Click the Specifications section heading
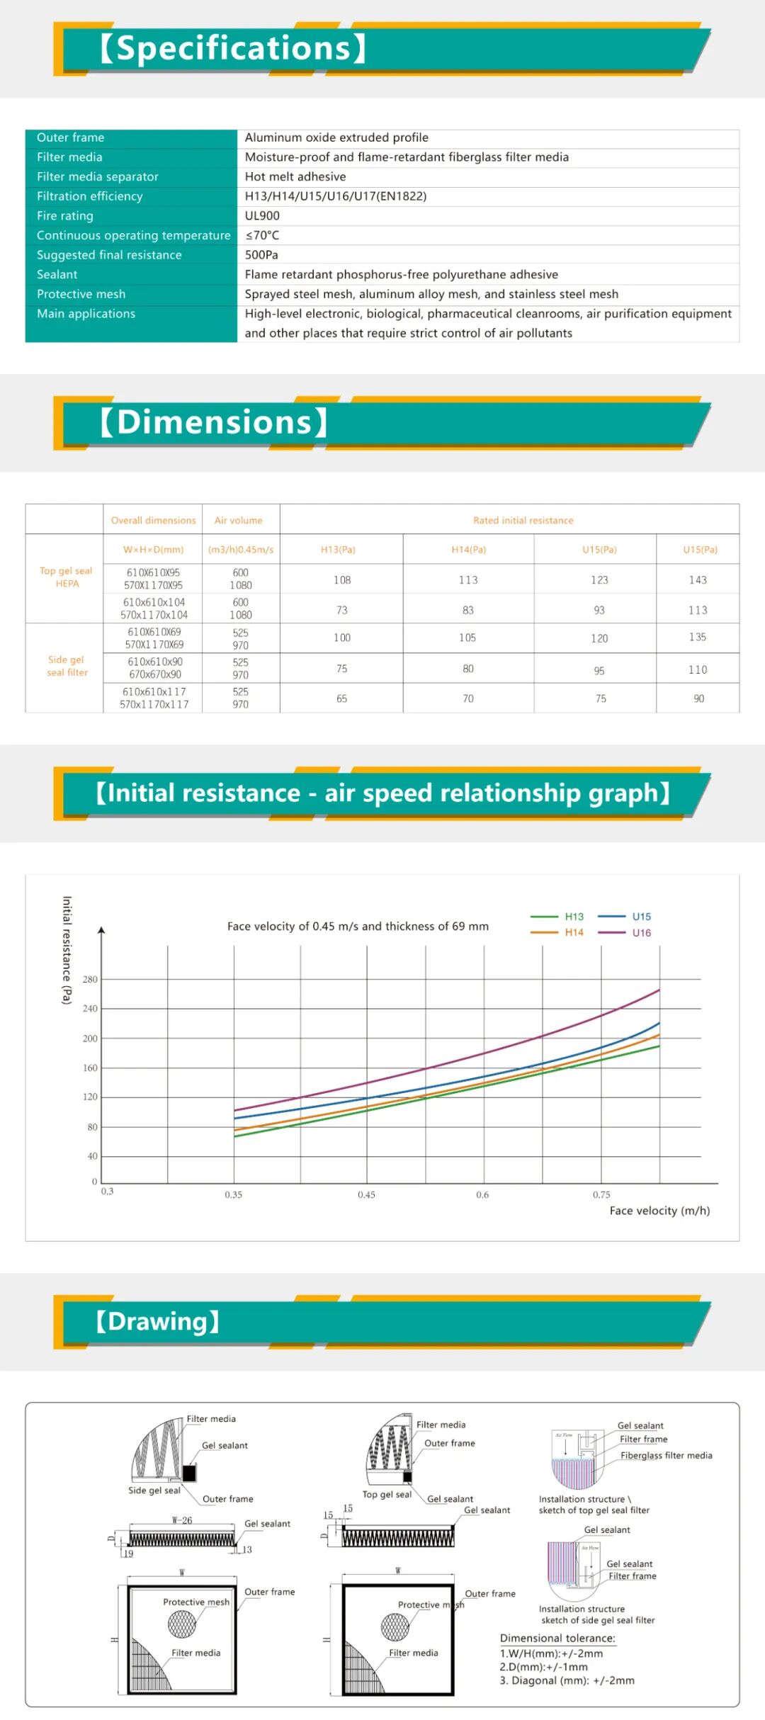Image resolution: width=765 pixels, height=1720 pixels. (233, 48)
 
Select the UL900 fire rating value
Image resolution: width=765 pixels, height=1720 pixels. (262, 215)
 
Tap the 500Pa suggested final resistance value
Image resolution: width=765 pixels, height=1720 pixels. (261, 254)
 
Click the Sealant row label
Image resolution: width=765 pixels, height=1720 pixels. (57, 274)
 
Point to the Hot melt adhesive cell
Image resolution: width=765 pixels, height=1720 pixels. (295, 176)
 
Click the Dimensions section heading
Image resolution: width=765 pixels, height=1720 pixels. (213, 422)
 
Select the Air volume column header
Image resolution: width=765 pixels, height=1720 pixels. (239, 520)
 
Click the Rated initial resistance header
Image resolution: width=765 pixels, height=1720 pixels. (523, 520)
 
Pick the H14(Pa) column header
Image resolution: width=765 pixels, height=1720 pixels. (469, 549)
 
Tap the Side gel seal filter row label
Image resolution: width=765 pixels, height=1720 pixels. (67, 666)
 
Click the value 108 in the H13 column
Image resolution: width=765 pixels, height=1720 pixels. (342, 579)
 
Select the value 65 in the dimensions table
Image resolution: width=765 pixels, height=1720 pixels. (342, 698)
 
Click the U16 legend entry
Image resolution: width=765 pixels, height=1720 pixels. (641, 932)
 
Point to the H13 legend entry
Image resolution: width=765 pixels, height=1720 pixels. (574, 916)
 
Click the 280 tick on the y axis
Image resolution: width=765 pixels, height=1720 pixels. (90, 979)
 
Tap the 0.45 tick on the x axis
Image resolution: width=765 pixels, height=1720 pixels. (366, 1194)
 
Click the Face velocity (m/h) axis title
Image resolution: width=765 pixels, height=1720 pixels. (659, 1211)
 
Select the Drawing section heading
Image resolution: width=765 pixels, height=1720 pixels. (158, 1321)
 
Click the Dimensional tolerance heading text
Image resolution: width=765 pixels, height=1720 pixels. (557, 1638)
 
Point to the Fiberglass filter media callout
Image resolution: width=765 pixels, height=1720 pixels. (667, 1455)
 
